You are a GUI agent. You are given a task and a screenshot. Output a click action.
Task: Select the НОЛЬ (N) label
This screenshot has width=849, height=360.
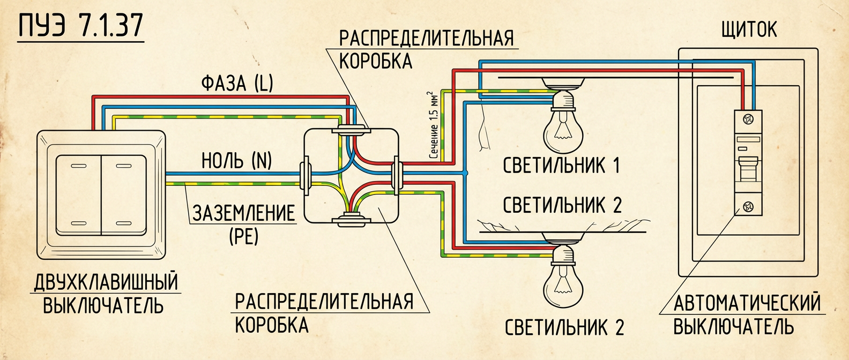(x=236, y=161)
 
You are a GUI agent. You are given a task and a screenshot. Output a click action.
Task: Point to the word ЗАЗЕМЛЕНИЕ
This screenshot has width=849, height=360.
(x=244, y=213)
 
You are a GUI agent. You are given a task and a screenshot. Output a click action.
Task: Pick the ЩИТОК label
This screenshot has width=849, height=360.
(x=749, y=30)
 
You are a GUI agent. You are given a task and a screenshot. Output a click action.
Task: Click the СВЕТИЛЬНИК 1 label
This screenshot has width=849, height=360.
(x=561, y=166)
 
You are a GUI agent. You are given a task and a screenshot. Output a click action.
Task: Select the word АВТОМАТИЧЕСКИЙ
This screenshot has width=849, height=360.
(x=747, y=303)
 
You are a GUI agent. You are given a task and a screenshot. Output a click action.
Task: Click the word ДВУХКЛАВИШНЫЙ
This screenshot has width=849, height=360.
(x=106, y=282)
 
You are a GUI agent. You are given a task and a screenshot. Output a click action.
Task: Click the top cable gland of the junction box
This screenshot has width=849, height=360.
(x=351, y=129)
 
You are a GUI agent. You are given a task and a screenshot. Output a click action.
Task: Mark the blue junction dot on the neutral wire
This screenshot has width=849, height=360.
(x=465, y=173)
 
